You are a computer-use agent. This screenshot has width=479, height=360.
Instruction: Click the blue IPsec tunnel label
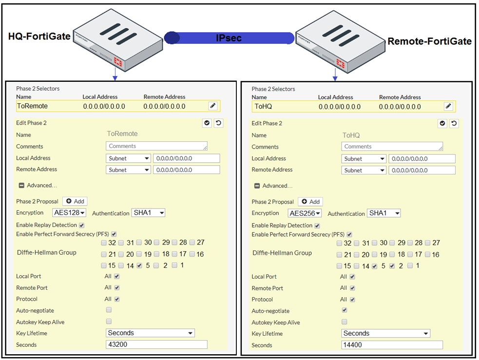pyautogui.click(x=229, y=38)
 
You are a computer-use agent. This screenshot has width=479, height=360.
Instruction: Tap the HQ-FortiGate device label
pyautogui.click(x=39, y=37)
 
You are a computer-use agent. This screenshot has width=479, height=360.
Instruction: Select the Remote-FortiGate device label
pyautogui.click(x=429, y=41)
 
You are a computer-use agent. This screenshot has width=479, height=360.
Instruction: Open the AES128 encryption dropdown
pyautogui.click(x=69, y=212)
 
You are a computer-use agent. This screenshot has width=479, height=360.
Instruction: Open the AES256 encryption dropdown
pyautogui.click(x=305, y=213)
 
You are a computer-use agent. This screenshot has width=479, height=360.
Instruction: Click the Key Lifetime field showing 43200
pyautogui.click(x=156, y=344)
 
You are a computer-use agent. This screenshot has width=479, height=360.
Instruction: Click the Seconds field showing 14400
pyautogui.click(x=392, y=345)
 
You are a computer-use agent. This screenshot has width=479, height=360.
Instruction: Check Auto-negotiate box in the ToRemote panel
pyautogui.click(x=109, y=310)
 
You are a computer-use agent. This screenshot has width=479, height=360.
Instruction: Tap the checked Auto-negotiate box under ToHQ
pyautogui.click(x=345, y=310)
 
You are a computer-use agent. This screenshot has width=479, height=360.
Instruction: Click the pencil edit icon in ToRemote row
pyautogui.click(x=213, y=106)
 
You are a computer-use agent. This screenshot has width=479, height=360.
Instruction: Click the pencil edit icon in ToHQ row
pyautogui.click(x=448, y=106)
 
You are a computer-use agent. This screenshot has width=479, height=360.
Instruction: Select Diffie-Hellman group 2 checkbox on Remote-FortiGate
pyautogui.click(x=392, y=266)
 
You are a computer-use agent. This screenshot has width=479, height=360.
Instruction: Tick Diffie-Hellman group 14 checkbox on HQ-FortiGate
pyautogui.click(x=121, y=265)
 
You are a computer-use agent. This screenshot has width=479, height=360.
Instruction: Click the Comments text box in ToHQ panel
pyautogui.click(x=392, y=147)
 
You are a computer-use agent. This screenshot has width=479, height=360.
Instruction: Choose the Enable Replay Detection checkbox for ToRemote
pyautogui.click(x=81, y=226)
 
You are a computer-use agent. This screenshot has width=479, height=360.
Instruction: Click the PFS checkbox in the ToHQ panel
pyautogui.click(x=349, y=234)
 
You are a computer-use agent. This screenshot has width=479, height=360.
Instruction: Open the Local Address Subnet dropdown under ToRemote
pyautogui.click(x=128, y=158)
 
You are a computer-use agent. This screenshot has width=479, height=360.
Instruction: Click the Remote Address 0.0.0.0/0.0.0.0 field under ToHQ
pyautogui.click(x=422, y=170)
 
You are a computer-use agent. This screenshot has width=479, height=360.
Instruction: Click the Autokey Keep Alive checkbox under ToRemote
pyautogui.click(x=109, y=321)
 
